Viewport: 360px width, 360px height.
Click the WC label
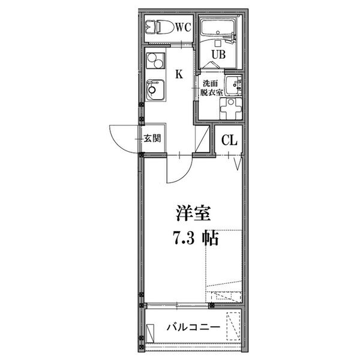click(x=184, y=28)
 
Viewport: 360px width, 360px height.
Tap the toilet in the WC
click(x=160, y=27)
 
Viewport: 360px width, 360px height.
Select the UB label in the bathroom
click(x=218, y=55)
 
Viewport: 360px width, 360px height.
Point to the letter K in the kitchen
click(x=179, y=74)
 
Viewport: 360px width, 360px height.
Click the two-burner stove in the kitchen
click(x=155, y=61)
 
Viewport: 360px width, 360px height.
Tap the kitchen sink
click(x=155, y=90)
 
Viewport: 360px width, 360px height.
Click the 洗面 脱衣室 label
click(x=211, y=88)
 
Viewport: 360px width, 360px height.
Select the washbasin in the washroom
click(x=234, y=85)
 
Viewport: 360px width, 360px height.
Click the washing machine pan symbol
click(x=231, y=109)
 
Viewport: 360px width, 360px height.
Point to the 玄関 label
click(x=152, y=138)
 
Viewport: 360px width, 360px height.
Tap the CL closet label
click(x=229, y=140)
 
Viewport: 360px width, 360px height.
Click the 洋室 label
click(x=193, y=213)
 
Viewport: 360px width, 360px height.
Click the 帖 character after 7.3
click(x=210, y=238)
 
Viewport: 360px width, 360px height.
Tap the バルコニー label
click(x=193, y=327)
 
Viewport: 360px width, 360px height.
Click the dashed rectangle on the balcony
click(x=233, y=326)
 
